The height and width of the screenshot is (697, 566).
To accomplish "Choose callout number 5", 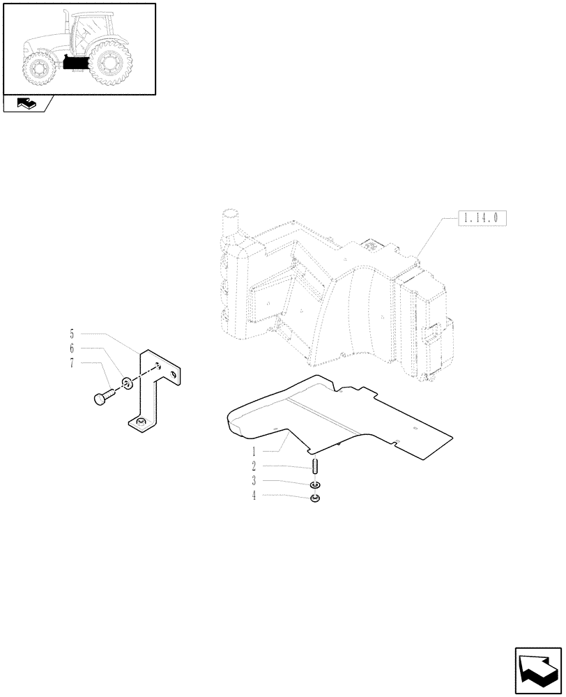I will pos(71,332).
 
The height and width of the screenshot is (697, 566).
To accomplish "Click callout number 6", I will pos(71,347).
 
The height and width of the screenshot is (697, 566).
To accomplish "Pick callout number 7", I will pos(71,362).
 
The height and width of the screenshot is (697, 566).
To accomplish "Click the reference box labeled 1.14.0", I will pos(481,218).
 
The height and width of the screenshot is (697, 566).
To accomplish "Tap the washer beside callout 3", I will pos(315,485).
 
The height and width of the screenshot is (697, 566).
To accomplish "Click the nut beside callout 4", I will pos(315,498).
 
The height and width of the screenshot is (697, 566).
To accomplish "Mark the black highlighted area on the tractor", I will pos(74,62).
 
